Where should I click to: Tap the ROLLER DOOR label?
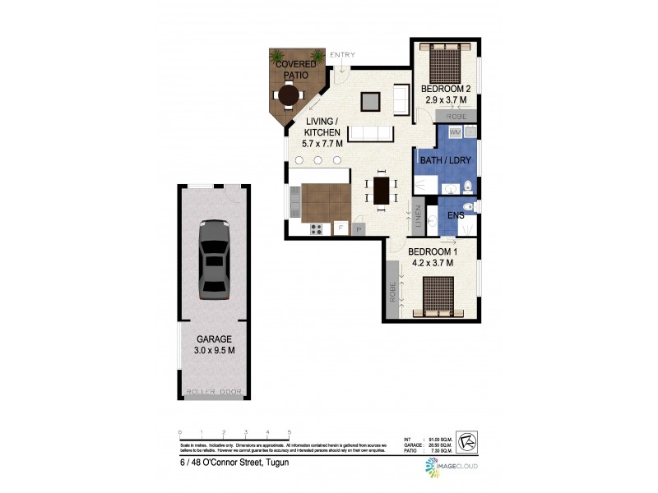tap(214, 392)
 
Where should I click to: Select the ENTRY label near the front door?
tap(342, 55)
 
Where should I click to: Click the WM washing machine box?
tap(455, 131)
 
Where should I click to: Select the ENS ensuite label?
tap(456, 215)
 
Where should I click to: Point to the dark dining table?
tap(382, 190)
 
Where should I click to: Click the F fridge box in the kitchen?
tap(339, 228)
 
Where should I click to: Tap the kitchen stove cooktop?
tap(316, 229)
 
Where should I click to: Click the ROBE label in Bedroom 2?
tap(457, 117)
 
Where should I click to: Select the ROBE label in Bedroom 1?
tap(394, 293)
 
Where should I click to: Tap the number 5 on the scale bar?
tap(289, 432)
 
